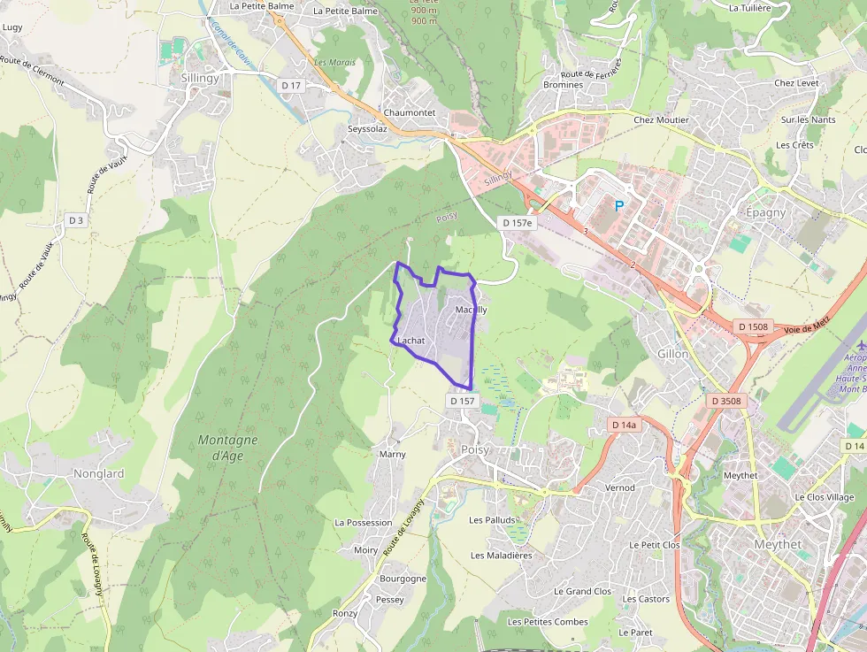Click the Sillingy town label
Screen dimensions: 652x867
200,79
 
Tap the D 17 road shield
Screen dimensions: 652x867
290,85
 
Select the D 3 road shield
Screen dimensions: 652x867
76,220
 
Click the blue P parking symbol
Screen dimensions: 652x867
619,206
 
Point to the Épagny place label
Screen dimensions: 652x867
766,213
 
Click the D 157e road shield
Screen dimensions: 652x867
517,223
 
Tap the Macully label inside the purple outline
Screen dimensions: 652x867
471,311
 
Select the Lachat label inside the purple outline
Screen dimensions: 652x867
411,341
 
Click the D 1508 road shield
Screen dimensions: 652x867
753,327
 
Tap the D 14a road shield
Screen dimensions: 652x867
625,426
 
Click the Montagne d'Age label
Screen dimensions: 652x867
228,448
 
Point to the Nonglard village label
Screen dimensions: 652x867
98,474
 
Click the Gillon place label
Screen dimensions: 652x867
672,354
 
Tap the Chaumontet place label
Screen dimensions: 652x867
409,113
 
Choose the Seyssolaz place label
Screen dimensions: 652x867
367,128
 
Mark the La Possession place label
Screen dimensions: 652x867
363,523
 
